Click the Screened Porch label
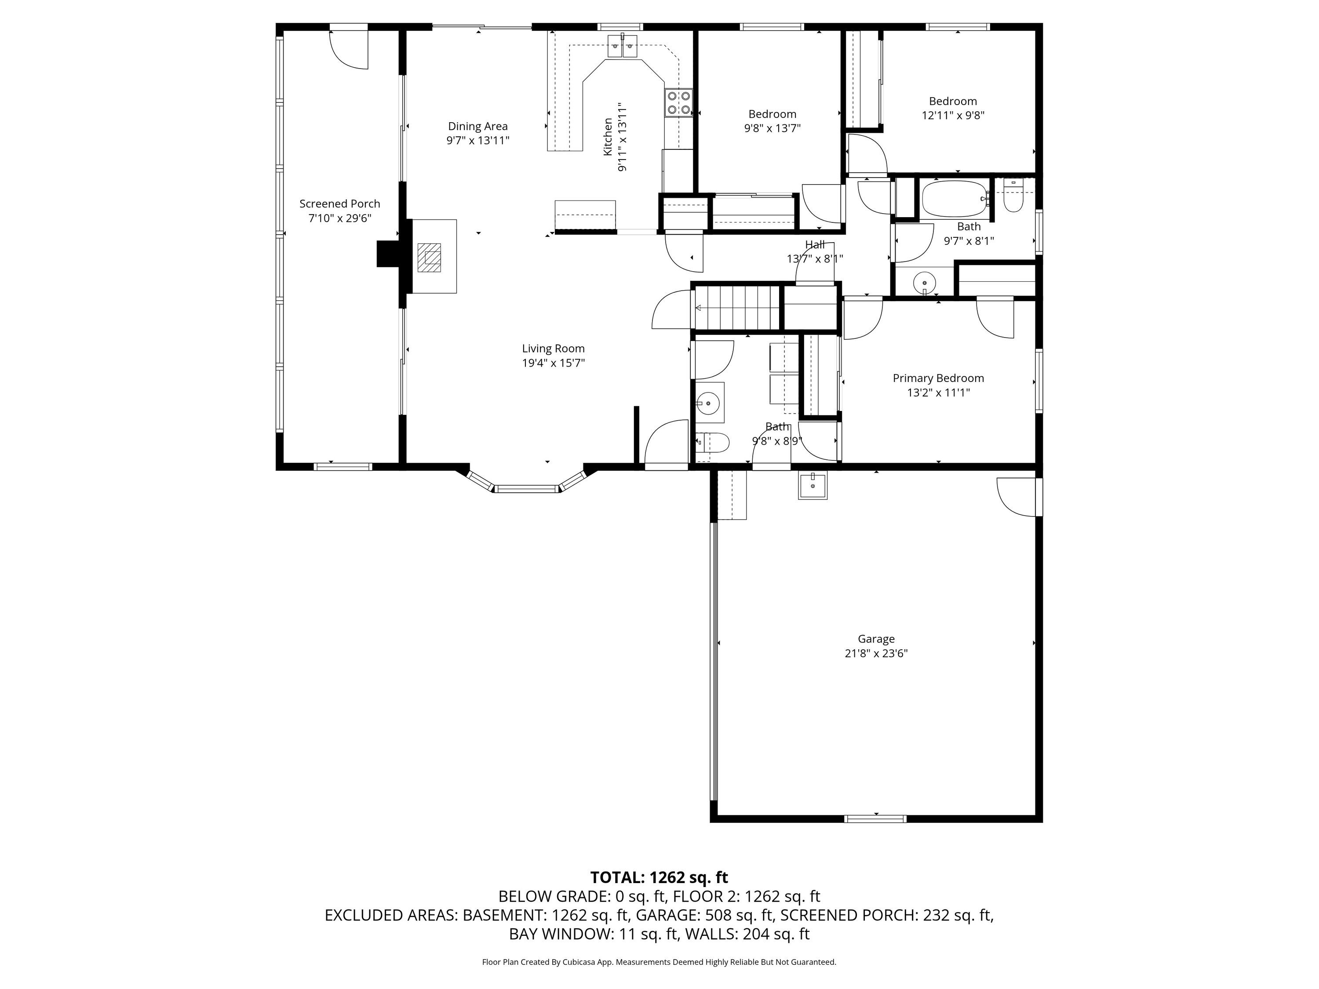click(x=339, y=204)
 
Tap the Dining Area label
click(x=477, y=127)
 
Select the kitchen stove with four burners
click(x=678, y=102)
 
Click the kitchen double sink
click(x=623, y=45)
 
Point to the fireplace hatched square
click(x=429, y=258)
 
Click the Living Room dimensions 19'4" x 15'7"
click(x=554, y=363)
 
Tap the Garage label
click(x=876, y=639)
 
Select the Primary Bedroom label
click(x=938, y=378)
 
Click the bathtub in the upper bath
click(x=955, y=199)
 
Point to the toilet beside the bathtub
click(x=1014, y=196)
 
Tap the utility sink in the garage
click(x=813, y=485)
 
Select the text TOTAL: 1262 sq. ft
click(x=659, y=877)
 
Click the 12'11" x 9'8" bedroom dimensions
click(x=953, y=116)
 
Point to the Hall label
click(x=815, y=244)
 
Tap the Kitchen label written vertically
click(x=608, y=137)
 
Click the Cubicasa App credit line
click(x=659, y=962)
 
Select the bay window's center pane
click(x=527, y=489)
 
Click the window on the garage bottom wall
click(x=876, y=818)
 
